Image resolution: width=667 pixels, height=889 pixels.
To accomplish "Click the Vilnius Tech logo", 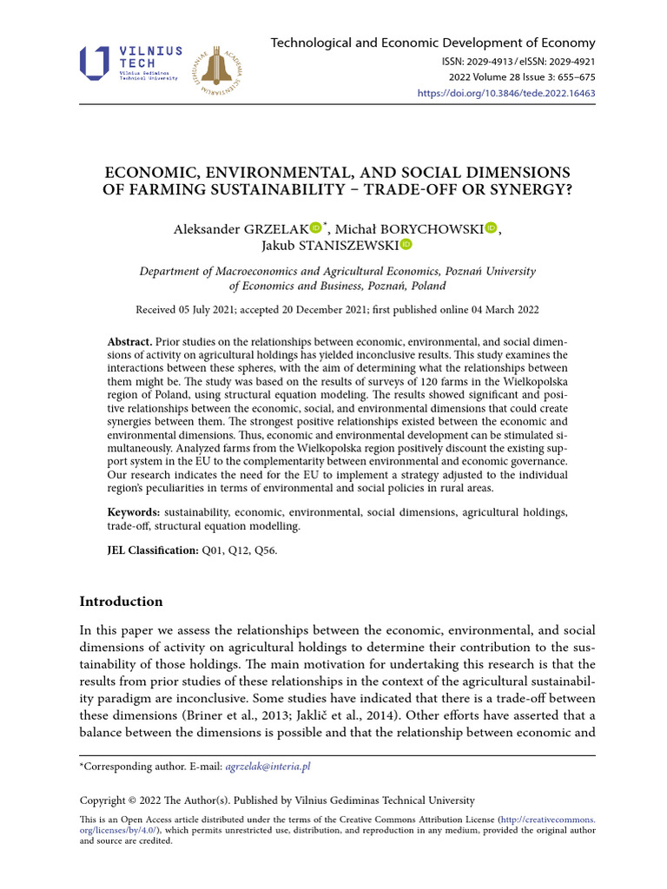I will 130,64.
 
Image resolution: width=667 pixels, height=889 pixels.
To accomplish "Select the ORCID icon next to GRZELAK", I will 314,227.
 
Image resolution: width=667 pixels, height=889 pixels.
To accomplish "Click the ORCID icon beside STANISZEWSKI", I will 406,246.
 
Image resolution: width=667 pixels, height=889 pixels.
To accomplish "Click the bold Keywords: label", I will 134,513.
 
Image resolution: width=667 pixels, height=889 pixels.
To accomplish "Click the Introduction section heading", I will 121,602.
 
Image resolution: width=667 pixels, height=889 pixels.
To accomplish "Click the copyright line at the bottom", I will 277,800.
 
